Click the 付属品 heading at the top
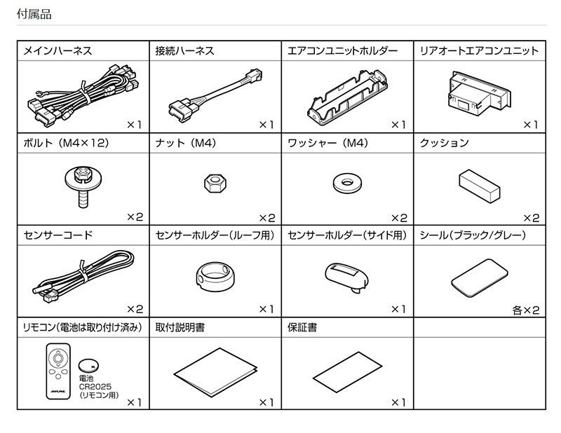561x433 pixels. (33, 13)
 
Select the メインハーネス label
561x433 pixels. (58, 51)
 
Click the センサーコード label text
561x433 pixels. (58, 235)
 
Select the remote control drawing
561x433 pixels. (59, 370)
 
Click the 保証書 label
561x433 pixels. (302, 327)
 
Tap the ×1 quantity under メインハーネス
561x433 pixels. (134, 125)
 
